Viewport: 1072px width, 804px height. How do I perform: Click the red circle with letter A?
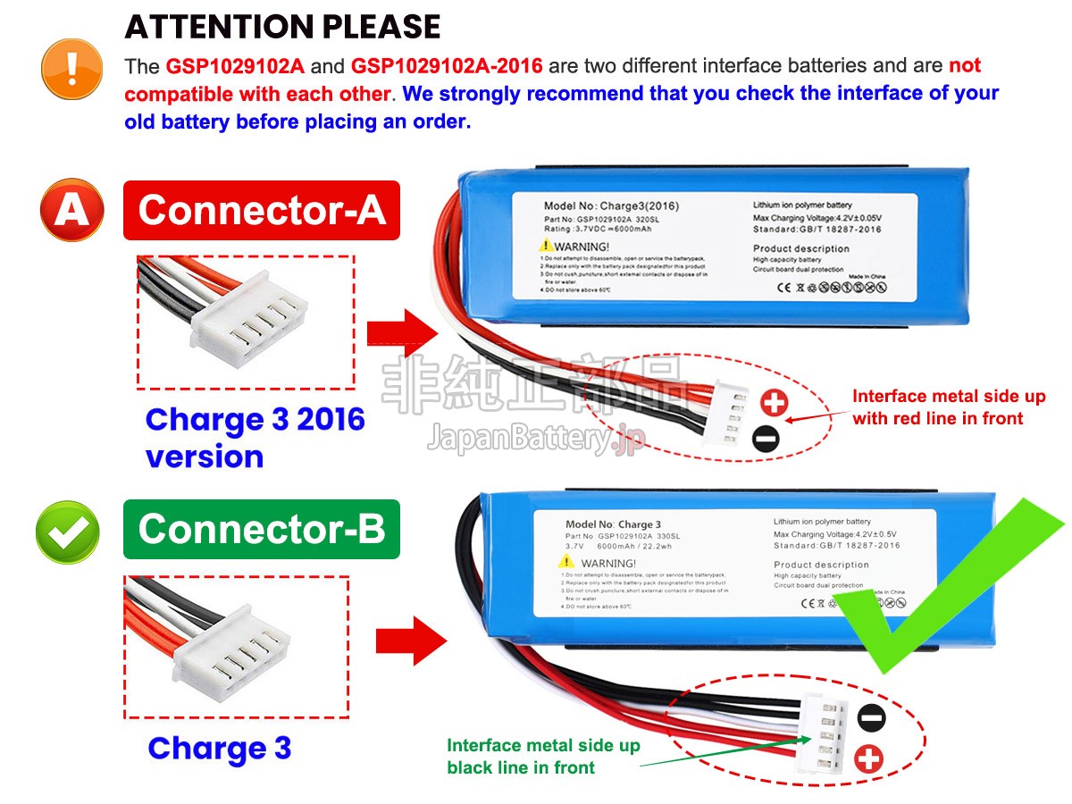pyautogui.click(x=71, y=211)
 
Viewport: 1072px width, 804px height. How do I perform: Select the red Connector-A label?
pyautogui.click(x=261, y=211)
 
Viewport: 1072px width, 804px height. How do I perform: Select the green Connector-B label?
pyautogui.click(x=261, y=529)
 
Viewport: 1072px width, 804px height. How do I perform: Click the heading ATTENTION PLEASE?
pyautogui.click(x=282, y=27)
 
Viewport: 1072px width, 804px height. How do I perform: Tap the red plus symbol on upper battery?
pyautogui.click(x=774, y=404)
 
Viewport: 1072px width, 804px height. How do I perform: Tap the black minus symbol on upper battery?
pyautogui.click(x=765, y=438)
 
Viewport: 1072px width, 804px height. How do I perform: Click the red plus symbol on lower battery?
pyautogui.click(x=868, y=760)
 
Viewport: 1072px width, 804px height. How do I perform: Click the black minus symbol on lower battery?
pyautogui.click(x=872, y=718)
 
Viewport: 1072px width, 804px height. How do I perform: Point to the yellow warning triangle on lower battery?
pyautogui.click(x=565, y=561)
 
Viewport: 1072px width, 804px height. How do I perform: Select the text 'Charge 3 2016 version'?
pyautogui.click(x=255, y=438)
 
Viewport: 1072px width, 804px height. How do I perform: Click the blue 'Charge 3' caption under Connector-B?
pyautogui.click(x=219, y=749)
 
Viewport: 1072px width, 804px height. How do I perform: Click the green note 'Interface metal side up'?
pyautogui.click(x=543, y=746)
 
